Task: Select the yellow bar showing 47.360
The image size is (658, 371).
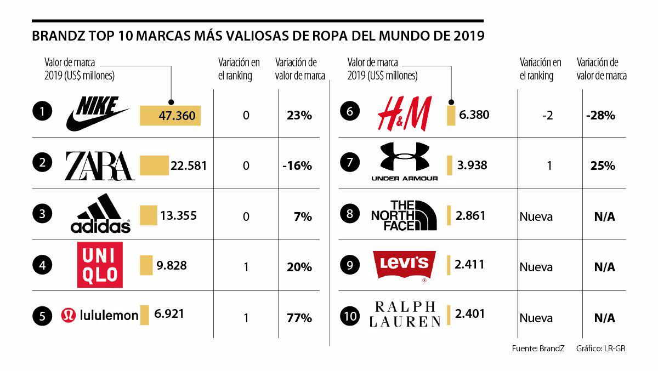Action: (x=171, y=116)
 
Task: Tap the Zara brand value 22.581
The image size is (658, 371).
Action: (x=189, y=165)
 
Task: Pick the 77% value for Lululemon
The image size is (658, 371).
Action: (x=299, y=318)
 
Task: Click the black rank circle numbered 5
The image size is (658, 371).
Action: (x=42, y=316)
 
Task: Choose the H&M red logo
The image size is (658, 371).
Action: (x=405, y=114)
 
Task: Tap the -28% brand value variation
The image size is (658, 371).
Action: (x=600, y=116)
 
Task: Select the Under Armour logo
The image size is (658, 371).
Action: (x=405, y=161)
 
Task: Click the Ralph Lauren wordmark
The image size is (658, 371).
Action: (x=405, y=314)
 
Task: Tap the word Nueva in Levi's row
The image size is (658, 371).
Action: (x=536, y=267)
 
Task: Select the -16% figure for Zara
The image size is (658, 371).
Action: (x=298, y=165)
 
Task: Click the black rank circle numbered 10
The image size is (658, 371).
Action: (x=350, y=316)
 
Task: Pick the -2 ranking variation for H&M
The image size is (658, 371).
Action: (x=549, y=116)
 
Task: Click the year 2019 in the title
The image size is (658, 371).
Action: (x=469, y=37)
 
